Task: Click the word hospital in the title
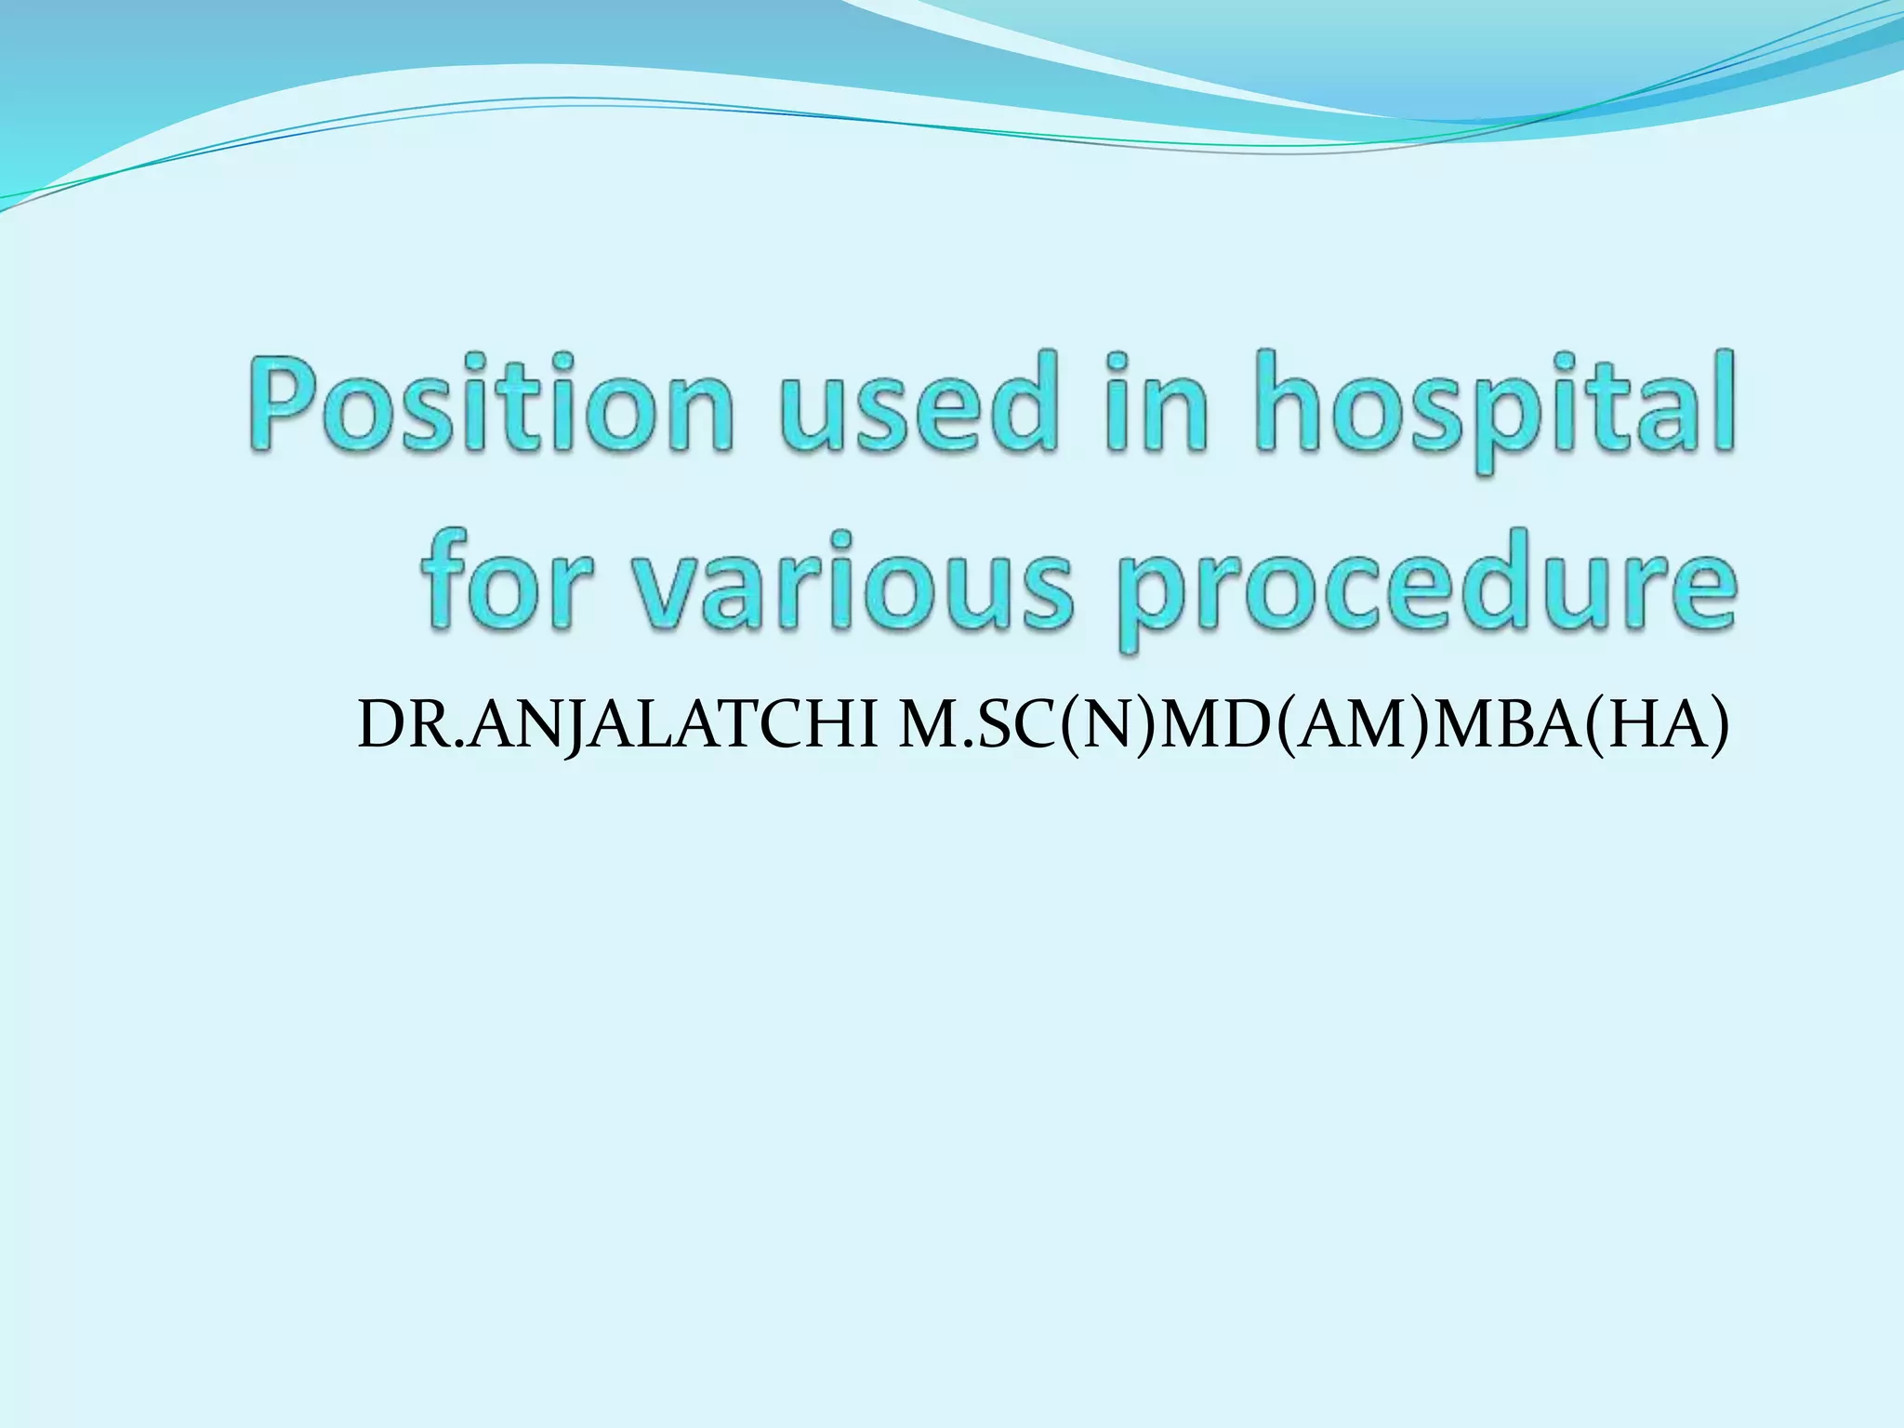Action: click(1492, 409)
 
